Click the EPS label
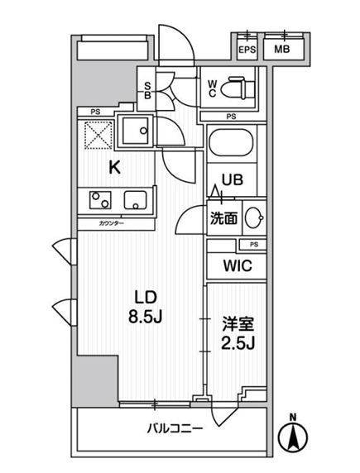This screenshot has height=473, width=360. [x=247, y=50]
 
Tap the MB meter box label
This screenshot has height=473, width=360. [x=282, y=50]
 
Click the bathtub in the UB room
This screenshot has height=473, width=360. [x=233, y=146]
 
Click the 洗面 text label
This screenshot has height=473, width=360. [x=223, y=219]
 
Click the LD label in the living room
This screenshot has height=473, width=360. [x=146, y=296]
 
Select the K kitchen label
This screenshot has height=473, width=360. [x=115, y=167]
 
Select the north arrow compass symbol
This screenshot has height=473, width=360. [x=294, y=435]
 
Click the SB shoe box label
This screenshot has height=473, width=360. [x=146, y=91]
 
